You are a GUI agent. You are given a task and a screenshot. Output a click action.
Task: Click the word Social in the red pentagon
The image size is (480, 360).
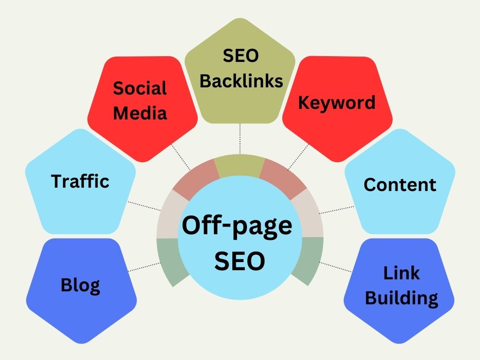(140, 88)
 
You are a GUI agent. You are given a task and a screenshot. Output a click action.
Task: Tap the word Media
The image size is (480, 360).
(140, 113)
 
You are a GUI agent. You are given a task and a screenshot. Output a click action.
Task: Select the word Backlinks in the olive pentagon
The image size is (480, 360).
(241, 81)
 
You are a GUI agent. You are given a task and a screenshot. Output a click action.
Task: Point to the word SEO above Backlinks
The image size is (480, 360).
(240, 55)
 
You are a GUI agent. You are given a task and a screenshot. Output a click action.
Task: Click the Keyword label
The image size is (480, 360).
(337, 103)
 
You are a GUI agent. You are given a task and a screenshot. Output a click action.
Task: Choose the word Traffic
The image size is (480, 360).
(80, 181)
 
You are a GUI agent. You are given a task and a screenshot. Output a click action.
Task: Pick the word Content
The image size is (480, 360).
(400, 185)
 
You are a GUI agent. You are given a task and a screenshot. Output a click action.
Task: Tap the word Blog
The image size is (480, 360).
(80, 285)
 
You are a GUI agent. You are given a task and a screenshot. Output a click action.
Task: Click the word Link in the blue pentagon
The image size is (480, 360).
(401, 273)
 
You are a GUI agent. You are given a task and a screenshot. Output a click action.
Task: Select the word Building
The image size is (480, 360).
(401, 298)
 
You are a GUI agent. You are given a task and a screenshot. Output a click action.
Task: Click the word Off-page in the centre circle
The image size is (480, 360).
(237, 226)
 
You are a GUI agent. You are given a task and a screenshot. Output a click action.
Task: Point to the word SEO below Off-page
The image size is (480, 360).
(240, 261)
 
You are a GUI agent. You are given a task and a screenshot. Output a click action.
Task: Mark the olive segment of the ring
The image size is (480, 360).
(240, 166)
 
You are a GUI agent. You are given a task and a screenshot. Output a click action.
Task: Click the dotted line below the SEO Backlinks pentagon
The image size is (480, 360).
(240, 139)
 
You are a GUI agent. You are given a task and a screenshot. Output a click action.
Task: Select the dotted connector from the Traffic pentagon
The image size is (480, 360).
(144, 206)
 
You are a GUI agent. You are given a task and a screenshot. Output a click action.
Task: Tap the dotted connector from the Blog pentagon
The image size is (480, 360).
(144, 267)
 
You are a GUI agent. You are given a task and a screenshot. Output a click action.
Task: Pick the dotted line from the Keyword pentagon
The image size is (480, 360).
(299, 156)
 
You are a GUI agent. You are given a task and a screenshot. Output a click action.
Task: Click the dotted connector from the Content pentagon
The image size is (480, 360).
(336, 210)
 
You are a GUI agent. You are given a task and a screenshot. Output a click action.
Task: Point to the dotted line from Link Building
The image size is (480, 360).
(335, 266)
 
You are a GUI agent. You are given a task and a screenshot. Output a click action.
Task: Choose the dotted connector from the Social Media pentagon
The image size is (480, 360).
(180, 156)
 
